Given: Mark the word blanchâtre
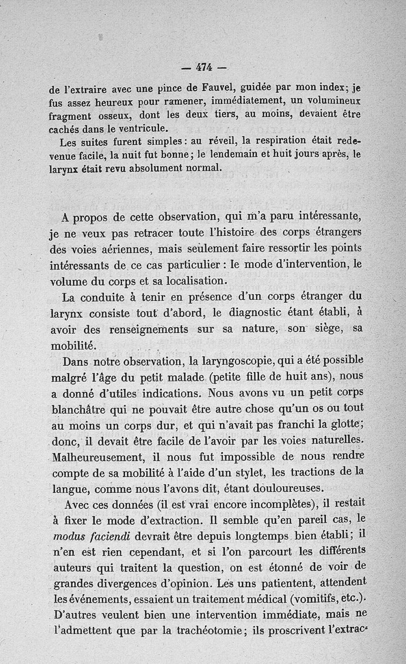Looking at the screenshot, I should tap(79, 409).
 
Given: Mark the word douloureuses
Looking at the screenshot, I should tap(286, 488).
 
